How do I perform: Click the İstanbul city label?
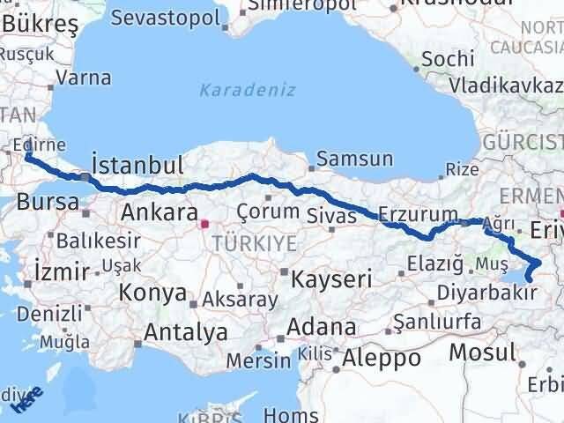138,165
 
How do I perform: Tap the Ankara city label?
159,212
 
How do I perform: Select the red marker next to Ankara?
205,224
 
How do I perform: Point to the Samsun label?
354,160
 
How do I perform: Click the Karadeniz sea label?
247,91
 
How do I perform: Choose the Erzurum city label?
418,213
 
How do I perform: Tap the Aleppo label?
382,358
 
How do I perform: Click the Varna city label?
83,78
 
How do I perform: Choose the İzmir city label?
60,269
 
